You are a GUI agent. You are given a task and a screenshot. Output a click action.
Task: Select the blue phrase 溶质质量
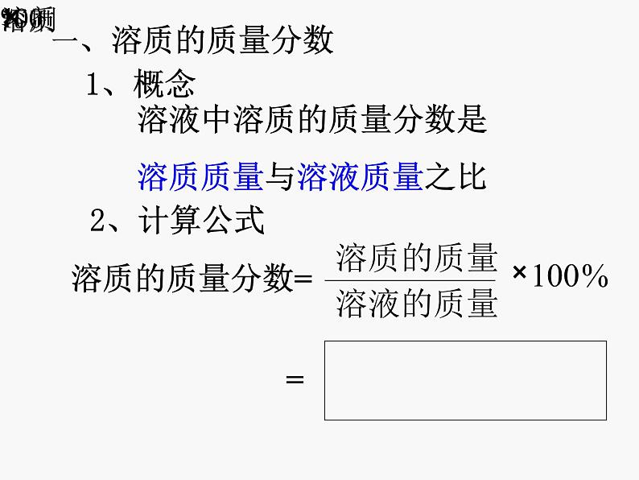(200, 177)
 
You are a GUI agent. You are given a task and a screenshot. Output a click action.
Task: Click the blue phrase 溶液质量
(360, 177)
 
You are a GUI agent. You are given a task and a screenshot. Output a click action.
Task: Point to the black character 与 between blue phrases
(280, 177)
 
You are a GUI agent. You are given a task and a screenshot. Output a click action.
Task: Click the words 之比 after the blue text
(456, 177)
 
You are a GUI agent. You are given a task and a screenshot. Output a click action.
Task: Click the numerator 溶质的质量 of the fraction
(417, 259)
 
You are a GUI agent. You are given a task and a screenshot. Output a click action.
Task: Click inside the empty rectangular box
(465, 380)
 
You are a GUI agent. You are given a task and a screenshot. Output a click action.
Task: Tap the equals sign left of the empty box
(295, 379)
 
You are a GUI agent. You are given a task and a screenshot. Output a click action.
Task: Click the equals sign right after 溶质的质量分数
(303, 280)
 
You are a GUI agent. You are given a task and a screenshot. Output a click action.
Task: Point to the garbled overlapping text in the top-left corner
(28, 18)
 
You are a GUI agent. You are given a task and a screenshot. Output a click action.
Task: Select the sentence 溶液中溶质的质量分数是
(312, 120)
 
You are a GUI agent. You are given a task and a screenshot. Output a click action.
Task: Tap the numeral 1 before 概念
(93, 85)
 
